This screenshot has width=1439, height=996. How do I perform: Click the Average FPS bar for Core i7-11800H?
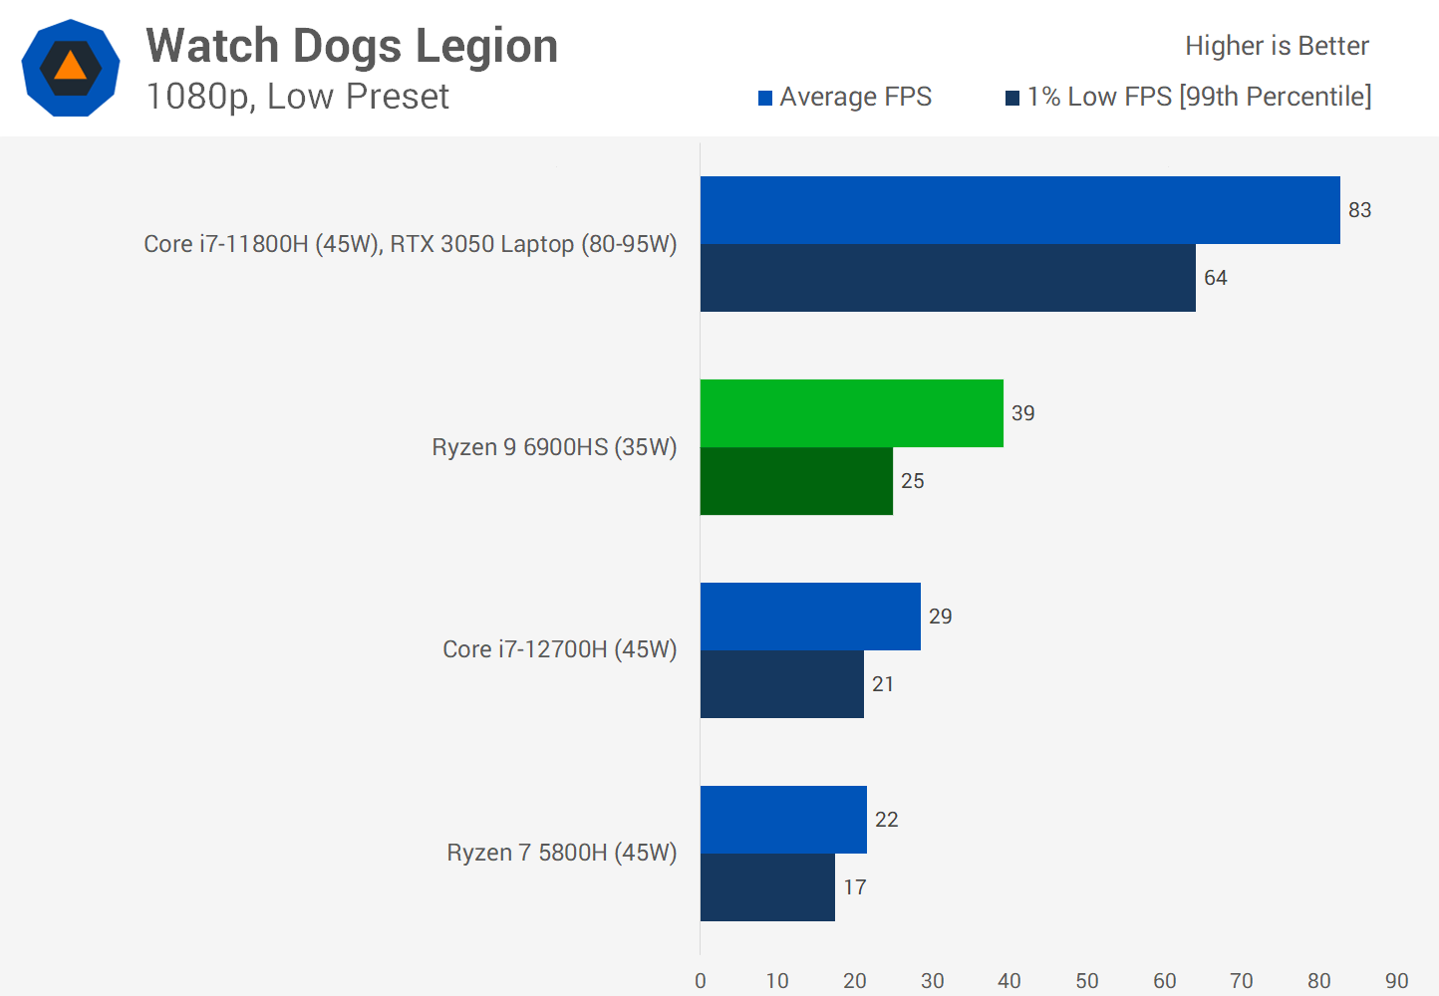[x=1019, y=210]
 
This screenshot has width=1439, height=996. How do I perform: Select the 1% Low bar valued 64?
[x=948, y=278]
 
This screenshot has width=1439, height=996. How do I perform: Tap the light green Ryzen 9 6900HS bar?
[x=851, y=413]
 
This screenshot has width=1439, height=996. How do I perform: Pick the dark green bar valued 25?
[x=796, y=481]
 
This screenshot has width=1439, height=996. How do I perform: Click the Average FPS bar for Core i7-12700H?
[x=810, y=617]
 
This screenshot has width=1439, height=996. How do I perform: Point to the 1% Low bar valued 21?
[x=781, y=684]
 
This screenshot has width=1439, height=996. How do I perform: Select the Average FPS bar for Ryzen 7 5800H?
[x=783, y=820]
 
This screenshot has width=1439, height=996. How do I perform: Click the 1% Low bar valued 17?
[x=767, y=887]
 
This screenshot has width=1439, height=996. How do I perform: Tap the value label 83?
[x=1359, y=210]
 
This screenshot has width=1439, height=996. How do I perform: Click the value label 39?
[x=1022, y=413]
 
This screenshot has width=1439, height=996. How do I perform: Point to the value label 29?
[x=940, y=617]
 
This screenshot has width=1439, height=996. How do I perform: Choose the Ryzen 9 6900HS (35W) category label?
[x=554, y=447]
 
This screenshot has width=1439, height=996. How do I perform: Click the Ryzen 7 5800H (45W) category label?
[x=561, y=853]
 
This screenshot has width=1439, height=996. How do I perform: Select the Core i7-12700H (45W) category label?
[x=559, y=649]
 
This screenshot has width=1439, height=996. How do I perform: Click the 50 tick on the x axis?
[x=1086, y=980]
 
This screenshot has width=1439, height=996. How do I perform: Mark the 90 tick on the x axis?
[x=1396, y=980]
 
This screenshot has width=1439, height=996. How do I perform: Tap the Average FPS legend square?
[x=765, y=98]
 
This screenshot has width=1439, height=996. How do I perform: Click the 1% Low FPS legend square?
[x=1012, y=98]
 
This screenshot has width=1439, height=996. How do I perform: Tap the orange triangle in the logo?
[x=71, y=67]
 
